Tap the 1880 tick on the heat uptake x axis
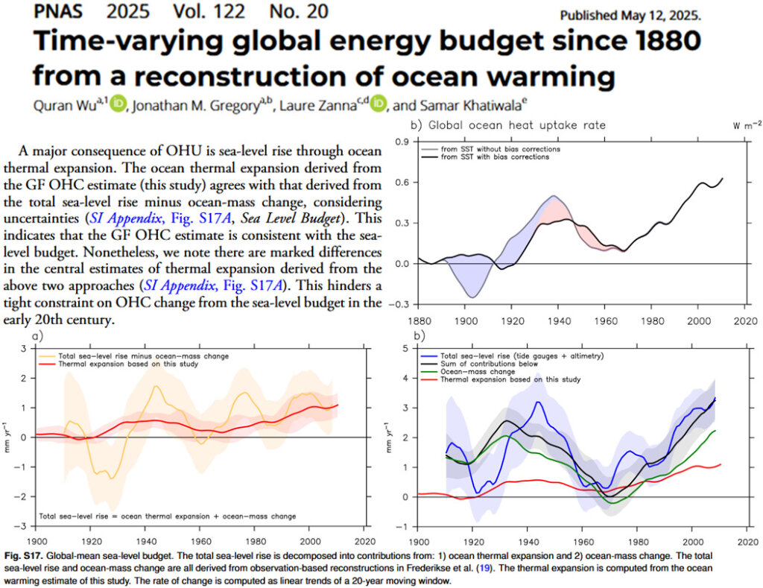tap(419, 322)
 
